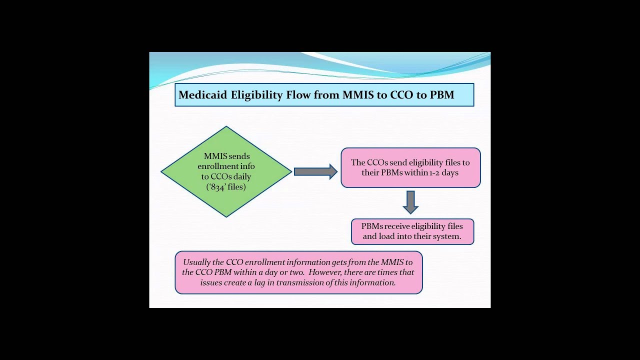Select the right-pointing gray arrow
315,171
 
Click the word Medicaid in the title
202,94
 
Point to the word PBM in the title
442,94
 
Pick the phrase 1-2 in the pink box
433,172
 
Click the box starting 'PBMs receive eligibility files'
412,231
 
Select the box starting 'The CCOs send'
410,167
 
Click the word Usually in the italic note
197,262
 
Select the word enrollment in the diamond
219,166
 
